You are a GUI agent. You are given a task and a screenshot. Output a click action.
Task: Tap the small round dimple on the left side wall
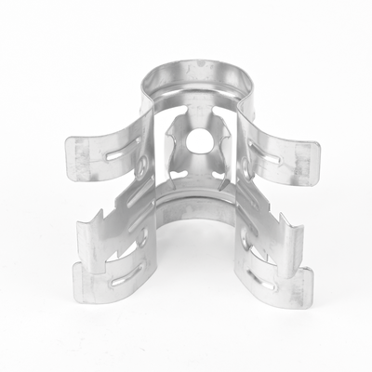click(x=143, y=167)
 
